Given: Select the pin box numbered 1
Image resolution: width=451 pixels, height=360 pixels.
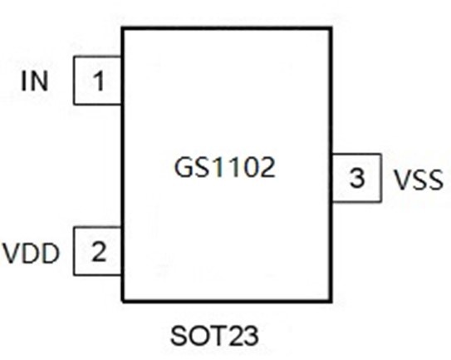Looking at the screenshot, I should pos(98,81).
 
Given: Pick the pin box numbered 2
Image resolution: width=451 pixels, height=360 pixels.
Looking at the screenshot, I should pos(98,251).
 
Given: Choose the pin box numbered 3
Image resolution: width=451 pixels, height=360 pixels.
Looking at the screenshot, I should pos(356,178).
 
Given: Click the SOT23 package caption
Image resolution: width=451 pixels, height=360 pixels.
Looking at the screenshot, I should pos(215,337).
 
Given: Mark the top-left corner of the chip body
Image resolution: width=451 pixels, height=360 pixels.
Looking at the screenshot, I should pos(123,28).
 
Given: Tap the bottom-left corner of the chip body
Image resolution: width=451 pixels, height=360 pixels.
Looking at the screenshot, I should pos(123,300).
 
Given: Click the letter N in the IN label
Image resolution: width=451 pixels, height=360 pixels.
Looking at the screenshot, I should pos(40,81).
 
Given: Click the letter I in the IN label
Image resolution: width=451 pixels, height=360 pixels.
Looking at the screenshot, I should pos(25,81).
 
